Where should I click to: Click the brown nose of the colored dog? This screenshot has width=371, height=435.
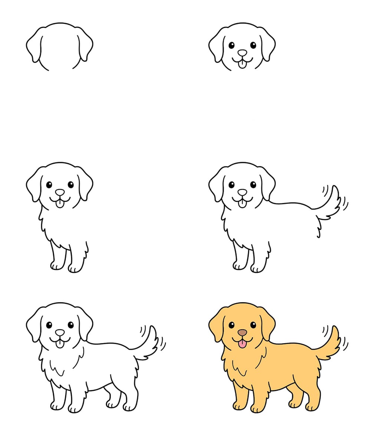point(242,333)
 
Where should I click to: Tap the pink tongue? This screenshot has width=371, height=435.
point(242,344)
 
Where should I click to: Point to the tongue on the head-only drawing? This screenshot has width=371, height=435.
point(242,65)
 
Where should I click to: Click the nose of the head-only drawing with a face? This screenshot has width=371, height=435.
point(242,53)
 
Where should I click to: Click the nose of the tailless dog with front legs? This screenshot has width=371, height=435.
point(60,192)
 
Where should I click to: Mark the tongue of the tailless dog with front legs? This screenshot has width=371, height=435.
point(60,204)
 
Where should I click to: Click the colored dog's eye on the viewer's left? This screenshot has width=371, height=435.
point(232,325)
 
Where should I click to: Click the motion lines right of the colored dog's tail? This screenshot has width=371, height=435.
point(345,343)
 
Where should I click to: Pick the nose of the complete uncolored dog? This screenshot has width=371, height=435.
point(60,333)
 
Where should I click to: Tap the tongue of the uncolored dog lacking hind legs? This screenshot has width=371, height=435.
point(242,204)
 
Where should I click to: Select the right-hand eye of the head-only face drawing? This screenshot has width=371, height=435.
point(253,45)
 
